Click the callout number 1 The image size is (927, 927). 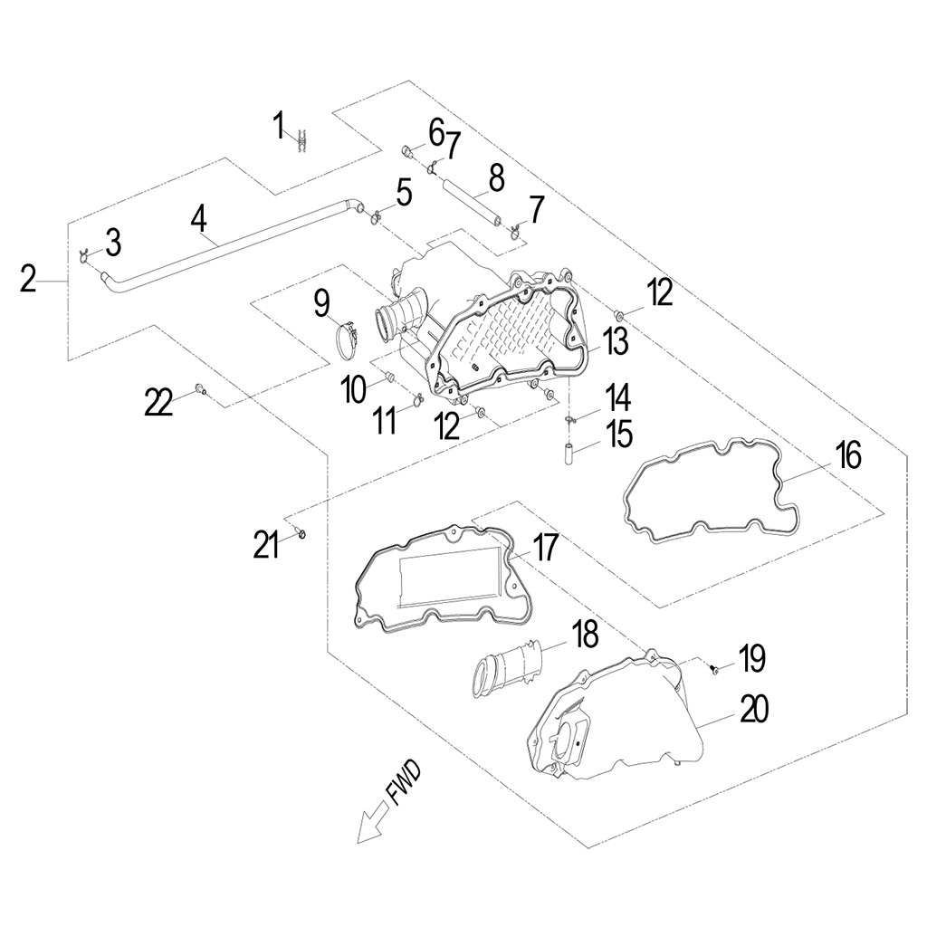280,125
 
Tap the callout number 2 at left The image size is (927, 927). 29,279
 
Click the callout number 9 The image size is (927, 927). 322,303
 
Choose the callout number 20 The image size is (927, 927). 754,711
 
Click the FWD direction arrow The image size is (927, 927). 370,823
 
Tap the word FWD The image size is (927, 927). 405,782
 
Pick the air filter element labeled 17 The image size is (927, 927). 439,579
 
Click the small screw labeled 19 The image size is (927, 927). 713,670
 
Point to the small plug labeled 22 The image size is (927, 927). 201,390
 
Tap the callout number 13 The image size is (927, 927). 616,342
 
